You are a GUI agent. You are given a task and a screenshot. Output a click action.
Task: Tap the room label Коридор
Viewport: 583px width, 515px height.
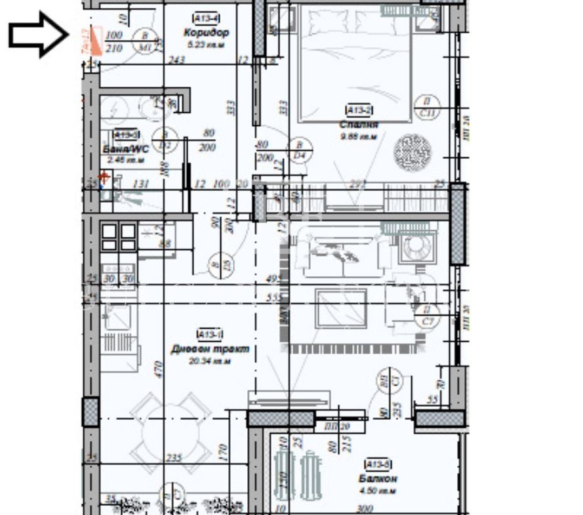click(207, 32)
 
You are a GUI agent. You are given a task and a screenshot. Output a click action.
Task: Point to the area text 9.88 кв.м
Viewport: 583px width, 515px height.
click(359, 136)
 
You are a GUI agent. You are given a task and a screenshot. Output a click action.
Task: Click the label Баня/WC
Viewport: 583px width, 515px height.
click(125, 149)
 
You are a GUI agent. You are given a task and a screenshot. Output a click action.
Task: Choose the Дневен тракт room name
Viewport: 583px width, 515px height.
click(209, 350)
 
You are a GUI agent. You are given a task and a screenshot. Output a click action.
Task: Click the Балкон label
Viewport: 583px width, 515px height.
click(378, 480)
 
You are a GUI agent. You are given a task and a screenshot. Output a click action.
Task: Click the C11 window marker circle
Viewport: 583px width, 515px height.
click(428, 106)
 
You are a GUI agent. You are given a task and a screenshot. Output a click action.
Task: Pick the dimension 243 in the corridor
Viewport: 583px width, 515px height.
click(176, 60)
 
